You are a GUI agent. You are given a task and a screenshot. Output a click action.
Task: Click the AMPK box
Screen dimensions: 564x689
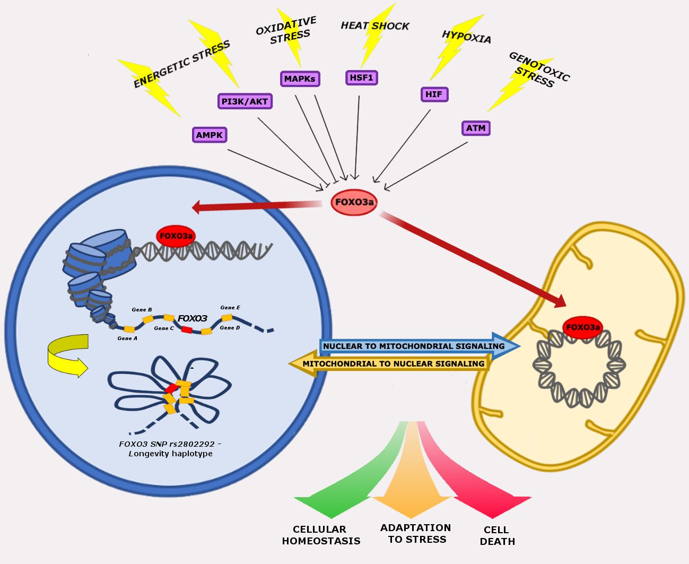210,135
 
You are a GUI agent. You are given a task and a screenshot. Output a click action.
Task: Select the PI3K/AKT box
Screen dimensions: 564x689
245,101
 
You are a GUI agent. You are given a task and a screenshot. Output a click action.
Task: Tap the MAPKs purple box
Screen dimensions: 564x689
300,79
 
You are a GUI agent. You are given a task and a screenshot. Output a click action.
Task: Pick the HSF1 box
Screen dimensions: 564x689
362,77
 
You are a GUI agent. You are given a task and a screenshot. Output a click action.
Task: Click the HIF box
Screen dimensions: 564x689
433,94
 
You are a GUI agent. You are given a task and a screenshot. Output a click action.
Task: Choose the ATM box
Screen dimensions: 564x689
476,128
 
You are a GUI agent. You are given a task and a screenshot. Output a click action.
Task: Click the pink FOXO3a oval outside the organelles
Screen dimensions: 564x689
354,202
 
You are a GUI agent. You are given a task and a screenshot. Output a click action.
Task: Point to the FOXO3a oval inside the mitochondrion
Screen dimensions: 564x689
582,327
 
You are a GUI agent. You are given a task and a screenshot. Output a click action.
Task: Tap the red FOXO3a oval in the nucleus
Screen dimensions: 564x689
176,236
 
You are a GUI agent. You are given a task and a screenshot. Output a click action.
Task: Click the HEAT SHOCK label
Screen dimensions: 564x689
374,25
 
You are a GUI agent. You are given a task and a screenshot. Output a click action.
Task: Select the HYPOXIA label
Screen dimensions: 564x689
466,37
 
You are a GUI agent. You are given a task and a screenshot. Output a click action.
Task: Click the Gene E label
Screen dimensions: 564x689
230,307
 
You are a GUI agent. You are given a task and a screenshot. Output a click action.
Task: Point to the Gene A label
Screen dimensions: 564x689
127,338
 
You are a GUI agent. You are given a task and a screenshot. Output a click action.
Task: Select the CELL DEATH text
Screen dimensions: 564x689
497,535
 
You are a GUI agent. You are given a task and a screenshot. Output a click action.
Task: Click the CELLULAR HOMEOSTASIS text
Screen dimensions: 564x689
321,535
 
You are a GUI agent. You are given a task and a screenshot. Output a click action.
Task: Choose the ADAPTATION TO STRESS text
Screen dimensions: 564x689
416,533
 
